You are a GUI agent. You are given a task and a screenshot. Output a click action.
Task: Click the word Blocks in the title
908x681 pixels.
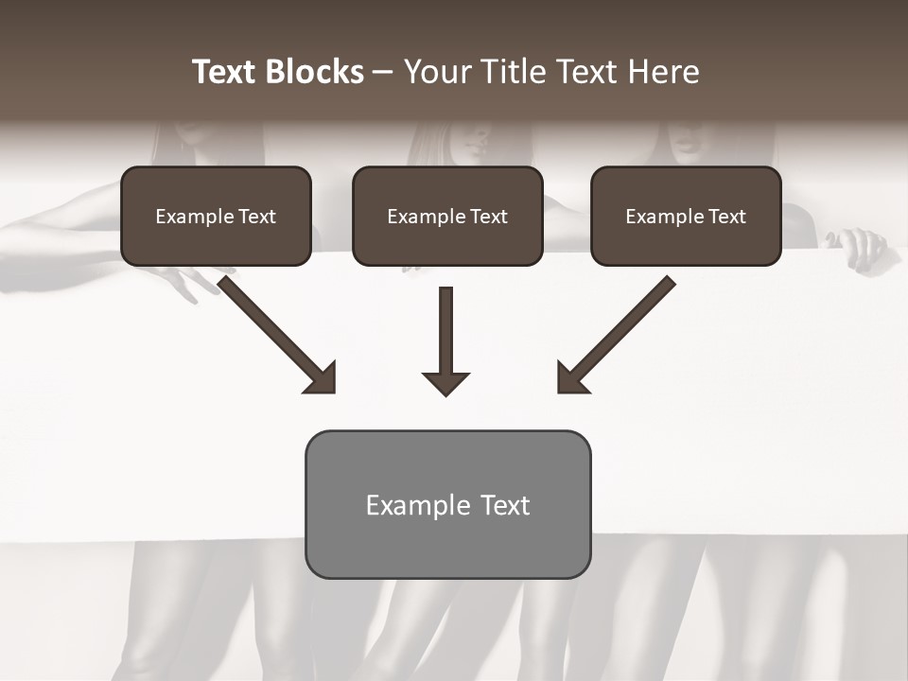click(x=315, y=72)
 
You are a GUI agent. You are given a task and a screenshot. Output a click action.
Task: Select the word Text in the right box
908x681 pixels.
click(x=726, y=217)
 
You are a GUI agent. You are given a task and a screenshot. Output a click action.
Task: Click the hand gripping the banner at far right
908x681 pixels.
click(x=860, y=248)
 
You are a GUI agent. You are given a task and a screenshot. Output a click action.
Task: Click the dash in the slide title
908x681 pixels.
click(x=383, y=72)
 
